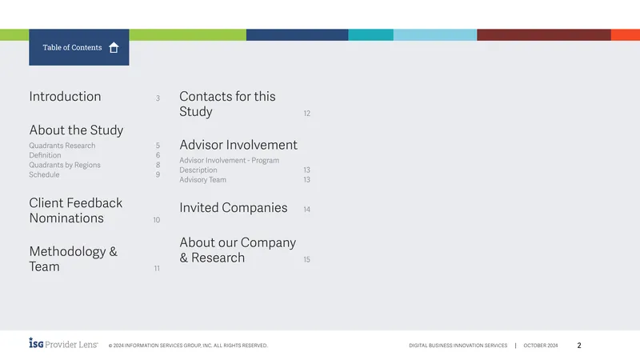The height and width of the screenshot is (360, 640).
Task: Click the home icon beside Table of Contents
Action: click(114, 48)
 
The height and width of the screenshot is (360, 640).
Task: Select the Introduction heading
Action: click(65, 96)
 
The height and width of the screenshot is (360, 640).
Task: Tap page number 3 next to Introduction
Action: click(158, 98)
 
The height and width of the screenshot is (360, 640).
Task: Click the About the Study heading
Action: click(76, 130)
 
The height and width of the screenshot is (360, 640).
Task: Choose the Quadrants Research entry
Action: click(62, 146)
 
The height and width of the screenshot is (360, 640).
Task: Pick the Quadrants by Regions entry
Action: click(65, 165)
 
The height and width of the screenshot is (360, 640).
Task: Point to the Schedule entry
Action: click(44, 174)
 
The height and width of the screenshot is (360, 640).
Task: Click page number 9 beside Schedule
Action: click(158, 174)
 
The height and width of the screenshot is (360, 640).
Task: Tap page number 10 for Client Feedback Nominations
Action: click(156, 220)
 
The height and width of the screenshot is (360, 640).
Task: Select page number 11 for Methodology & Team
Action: click(157, 268)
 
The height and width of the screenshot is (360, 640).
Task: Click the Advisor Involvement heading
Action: click(238, 145)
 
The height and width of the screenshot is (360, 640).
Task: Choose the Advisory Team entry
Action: click(203, 179)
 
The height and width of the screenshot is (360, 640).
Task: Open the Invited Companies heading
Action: click(234, 208)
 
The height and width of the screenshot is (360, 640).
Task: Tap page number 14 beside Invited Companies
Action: click(307, 210)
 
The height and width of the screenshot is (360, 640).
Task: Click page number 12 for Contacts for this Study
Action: click(307, 114)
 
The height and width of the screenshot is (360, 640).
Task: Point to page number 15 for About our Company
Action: click(307, 259)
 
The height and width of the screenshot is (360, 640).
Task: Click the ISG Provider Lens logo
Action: click(63, 344)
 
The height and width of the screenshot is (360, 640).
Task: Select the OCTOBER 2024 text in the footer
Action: click(541, 346)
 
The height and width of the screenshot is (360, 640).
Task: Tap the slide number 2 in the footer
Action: click(578, 346)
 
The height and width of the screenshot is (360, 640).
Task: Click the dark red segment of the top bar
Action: click(544, 34)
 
